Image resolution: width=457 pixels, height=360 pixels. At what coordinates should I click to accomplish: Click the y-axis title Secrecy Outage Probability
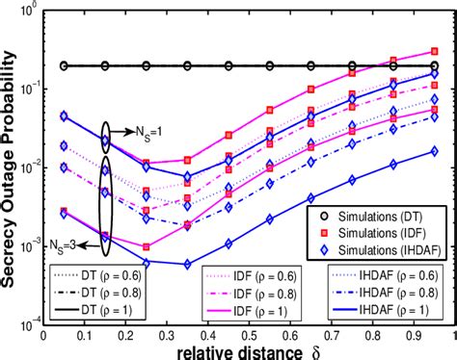[11, 164]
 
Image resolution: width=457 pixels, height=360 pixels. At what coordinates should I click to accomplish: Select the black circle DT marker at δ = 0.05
[63, 65]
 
